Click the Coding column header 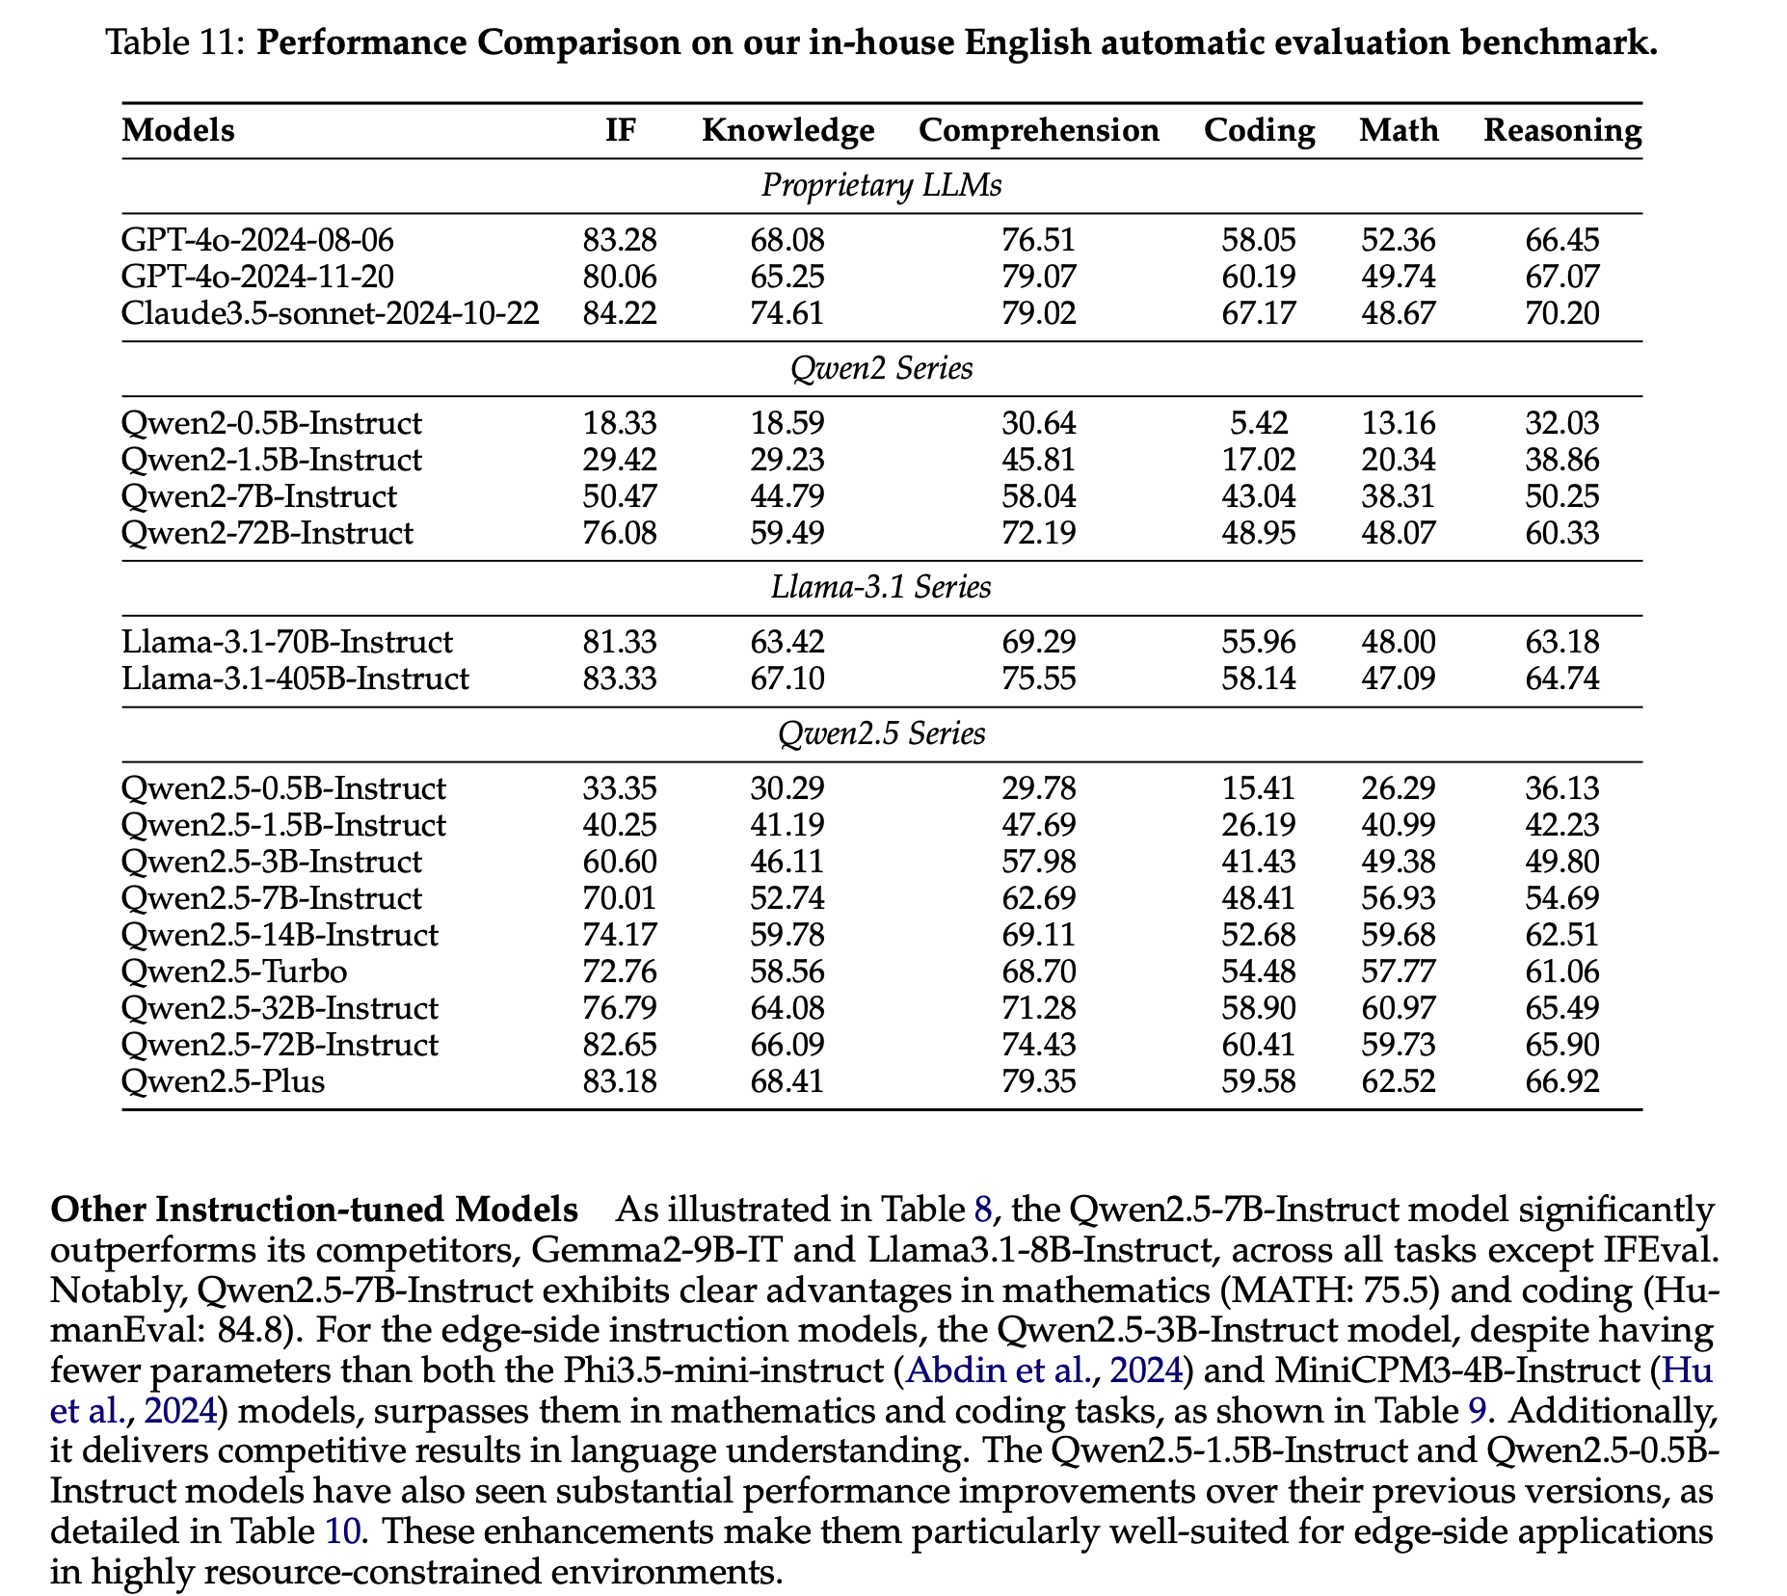1259,130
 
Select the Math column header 1399,130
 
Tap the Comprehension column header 1038,131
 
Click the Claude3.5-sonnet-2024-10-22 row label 330,313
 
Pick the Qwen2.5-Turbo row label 234,971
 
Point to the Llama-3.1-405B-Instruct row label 295,678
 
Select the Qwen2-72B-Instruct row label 267,533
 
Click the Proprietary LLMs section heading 881,185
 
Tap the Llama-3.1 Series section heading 881,587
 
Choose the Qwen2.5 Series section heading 881,733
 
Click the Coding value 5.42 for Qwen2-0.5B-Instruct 1259,423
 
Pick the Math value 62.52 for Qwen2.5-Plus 1398,1080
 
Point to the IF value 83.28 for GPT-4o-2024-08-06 620,240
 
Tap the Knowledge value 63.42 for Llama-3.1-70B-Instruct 787,642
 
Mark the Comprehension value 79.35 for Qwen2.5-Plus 1038,1080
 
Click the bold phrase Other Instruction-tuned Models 314,1210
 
